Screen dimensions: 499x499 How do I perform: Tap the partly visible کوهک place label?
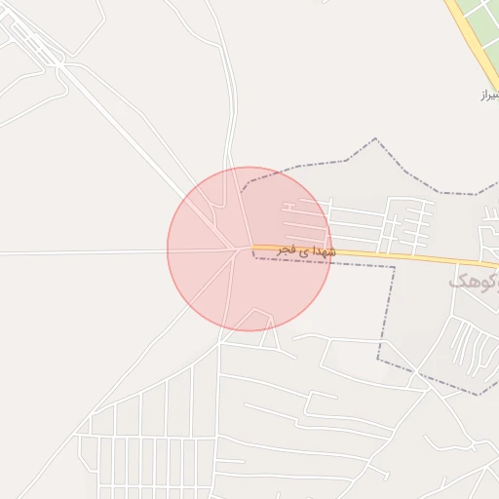coord(474,282)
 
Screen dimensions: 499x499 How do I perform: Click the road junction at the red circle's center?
coord(241,249)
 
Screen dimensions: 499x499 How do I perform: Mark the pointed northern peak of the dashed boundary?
coord(374,138)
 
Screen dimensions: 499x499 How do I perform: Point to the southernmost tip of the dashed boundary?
coord(480,395)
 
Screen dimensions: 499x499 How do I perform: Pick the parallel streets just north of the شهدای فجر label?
coord(312,219)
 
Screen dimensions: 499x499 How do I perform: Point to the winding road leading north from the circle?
coord(231,107)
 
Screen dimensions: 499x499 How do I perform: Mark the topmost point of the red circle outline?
coord(249,167)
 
